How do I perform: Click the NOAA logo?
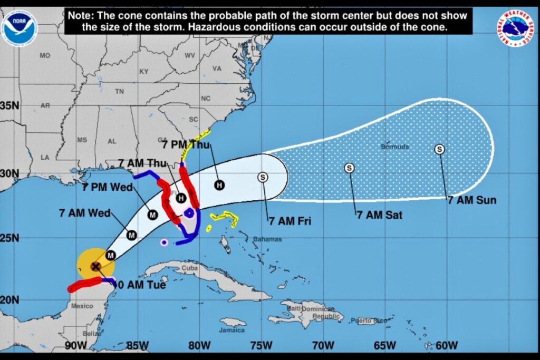(x=20, y=27)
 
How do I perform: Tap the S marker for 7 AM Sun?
(x=439, y=149)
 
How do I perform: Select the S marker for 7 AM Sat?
(x=349, y=168)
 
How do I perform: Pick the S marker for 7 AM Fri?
(x=263, y=177)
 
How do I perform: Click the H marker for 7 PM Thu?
(x=219, y=184)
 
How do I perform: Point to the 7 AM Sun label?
(x=471, y=200)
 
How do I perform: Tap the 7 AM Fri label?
(x=289, y=221)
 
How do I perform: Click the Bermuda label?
(x=394, y=147)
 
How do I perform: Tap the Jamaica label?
(x=232, y=330)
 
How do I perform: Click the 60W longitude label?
(x=447, y=345)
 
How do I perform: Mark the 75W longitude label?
(x=261, y=345)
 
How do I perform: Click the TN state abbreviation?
(x=120, y=91)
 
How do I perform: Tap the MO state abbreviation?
(x=45, y=55)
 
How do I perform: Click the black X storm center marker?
(x=95, y=266)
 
